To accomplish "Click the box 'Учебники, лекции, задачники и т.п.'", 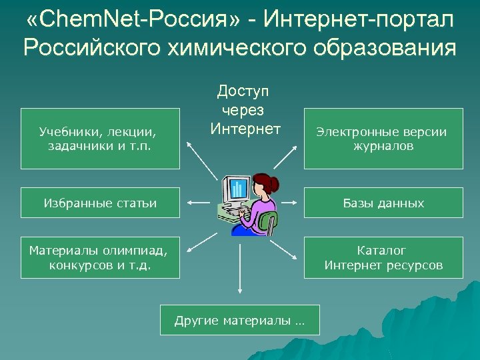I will (100, 139).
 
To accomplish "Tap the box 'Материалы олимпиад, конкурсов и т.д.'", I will (100, 257).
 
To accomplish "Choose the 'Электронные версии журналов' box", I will (383, 139).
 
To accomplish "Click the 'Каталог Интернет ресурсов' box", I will (383, 257).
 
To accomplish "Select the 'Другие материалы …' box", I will (240, 321).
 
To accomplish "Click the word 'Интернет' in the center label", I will (245, 127).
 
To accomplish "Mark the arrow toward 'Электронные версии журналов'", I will (285, 157).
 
